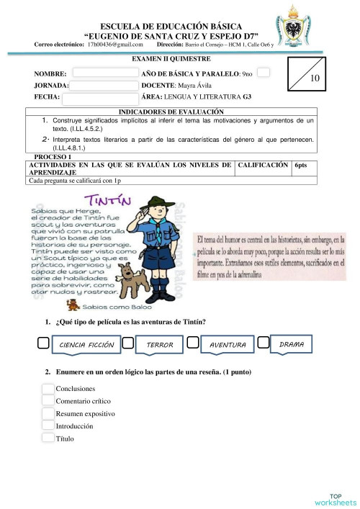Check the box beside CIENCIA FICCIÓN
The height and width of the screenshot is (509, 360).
point(44,344)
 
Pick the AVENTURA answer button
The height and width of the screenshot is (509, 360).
point(228,346)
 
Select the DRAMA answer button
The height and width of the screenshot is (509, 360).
point(291,345)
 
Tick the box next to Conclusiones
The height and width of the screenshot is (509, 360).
point(48,389)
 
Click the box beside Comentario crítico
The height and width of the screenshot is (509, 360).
point(48,401)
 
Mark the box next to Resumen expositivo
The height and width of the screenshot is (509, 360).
point(48,413)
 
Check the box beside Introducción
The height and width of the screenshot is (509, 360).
point(48,425)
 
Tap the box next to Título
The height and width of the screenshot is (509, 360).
point(48,438)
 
